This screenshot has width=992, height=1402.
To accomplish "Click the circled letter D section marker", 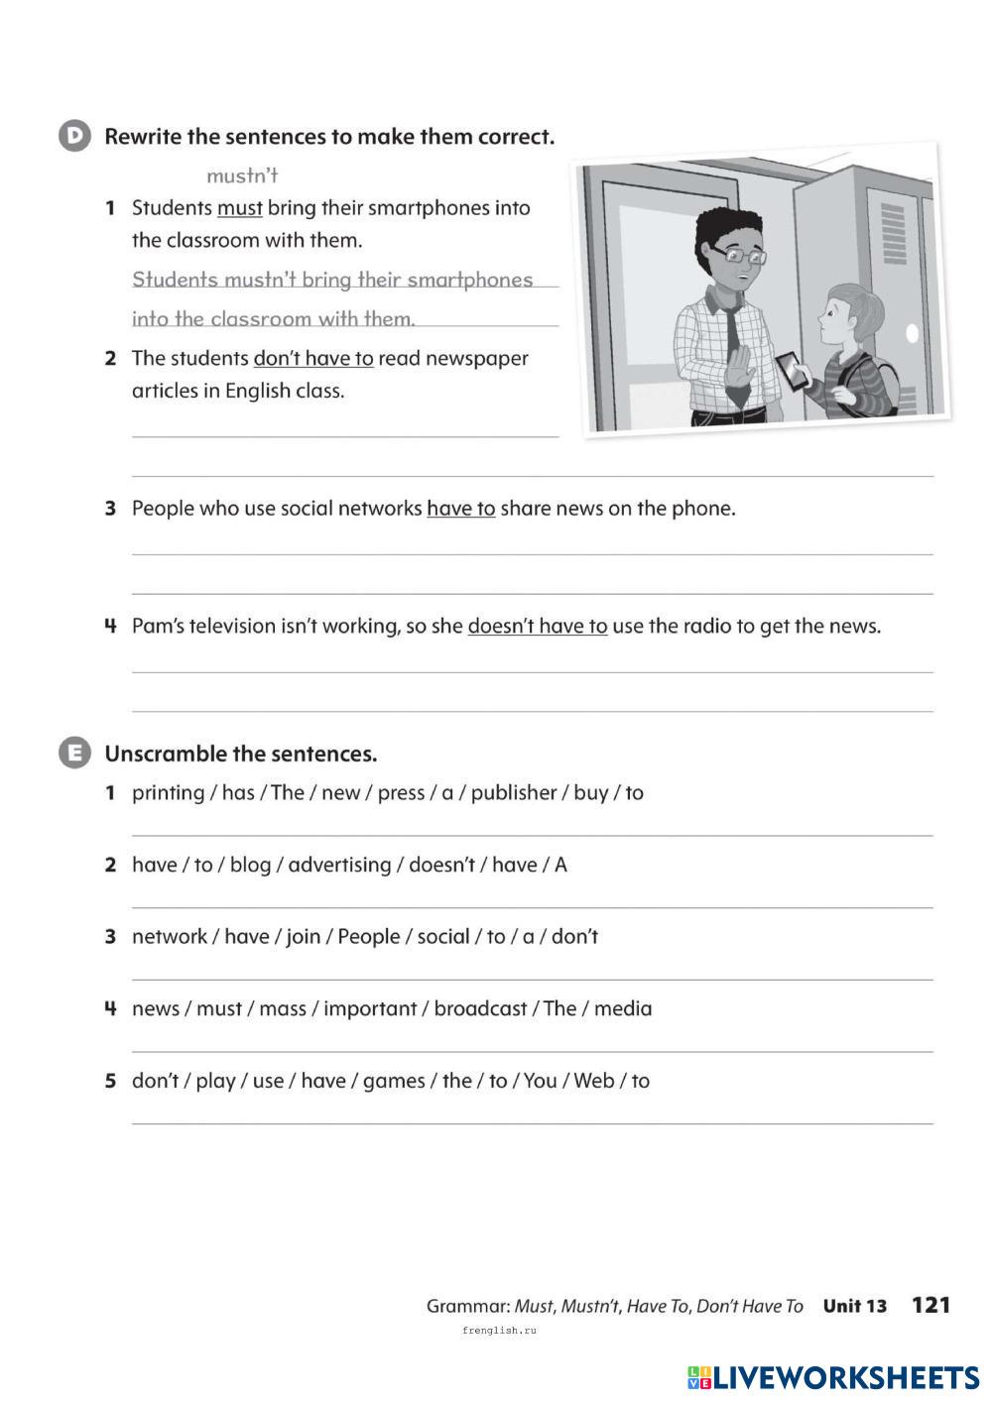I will tap(74, 136).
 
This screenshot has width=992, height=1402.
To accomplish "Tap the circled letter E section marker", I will tap(74, 754).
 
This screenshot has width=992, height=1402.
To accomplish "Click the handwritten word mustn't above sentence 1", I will tap(242, 175).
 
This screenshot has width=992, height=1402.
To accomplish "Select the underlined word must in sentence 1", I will tap(239, 208).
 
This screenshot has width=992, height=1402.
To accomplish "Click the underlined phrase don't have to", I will tap(313, 358).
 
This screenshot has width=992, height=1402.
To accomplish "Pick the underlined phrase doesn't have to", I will tap(537, 626).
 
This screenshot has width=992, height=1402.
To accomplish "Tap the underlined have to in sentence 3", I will tap(460, 509).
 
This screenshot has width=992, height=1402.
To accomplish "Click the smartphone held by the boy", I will tap(792, 371).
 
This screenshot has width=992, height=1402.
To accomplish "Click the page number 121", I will tap(930, 1305).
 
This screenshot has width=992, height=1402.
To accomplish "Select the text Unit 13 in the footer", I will tap(854, 1306).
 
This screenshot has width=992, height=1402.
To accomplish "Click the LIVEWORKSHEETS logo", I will tap(833, 1377).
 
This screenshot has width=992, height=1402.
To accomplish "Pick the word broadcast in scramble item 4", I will tap(480, 1008).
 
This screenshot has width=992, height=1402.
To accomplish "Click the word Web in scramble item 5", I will tap(593, 1081).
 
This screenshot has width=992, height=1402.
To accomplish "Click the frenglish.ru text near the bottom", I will tap(498, 1330).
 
